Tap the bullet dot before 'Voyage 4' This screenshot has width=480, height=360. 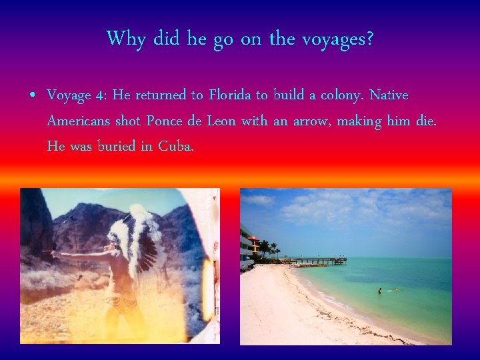[32, 95]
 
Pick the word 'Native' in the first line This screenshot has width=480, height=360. [389, 95]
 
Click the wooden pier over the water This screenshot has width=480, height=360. [320, 261]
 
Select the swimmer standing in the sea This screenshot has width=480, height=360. [379, 291]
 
